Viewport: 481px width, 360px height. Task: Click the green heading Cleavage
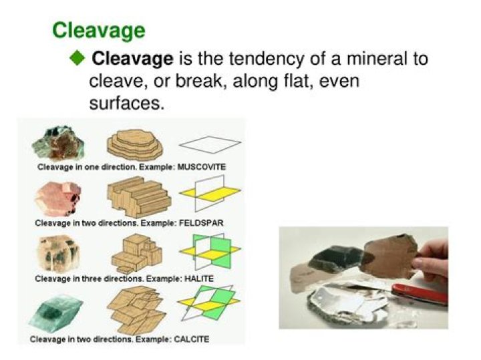[x=98, y=30]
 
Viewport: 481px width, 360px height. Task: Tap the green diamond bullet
[x=78, y=57]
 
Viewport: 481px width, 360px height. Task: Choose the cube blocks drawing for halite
[x=136, y=254]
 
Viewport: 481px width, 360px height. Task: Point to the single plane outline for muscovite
[x=209, y=144]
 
